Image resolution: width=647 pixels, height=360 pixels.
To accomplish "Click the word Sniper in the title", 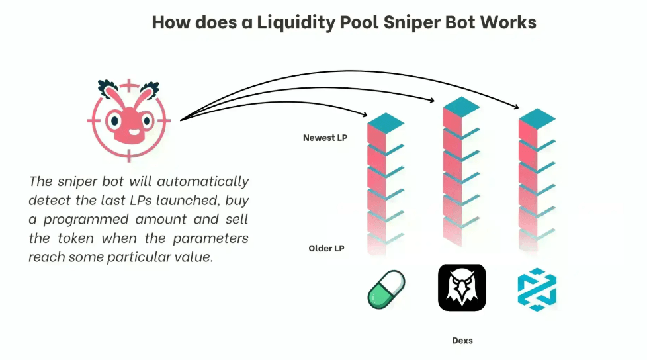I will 406,22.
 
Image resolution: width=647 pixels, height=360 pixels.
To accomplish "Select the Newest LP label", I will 325,138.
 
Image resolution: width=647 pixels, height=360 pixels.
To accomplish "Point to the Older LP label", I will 326,249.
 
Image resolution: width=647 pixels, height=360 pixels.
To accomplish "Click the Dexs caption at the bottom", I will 462,341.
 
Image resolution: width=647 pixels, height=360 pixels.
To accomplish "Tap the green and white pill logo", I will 386,289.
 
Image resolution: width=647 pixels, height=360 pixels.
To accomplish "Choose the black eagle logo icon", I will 462,288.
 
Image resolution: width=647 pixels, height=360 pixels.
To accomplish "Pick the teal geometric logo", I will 537,289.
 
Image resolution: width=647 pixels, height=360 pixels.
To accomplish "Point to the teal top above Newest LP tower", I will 386,122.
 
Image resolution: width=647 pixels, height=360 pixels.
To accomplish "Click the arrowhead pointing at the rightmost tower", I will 516,106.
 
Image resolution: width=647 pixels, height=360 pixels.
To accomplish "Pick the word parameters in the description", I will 210,238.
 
